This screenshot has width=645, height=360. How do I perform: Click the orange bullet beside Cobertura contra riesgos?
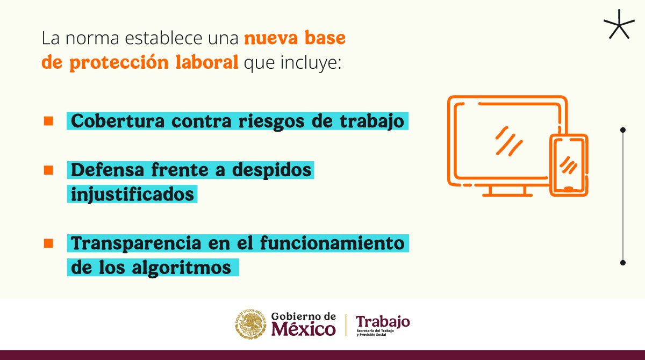(48, 120)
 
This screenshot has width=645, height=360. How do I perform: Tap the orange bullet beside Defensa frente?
(48, 170)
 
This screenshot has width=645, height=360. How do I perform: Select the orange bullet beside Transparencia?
(48, 243)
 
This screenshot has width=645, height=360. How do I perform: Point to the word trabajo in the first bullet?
(370, 121)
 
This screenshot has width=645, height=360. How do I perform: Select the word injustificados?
(132, 193)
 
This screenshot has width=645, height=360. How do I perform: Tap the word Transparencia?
(136, 243)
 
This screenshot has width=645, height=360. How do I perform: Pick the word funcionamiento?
(332, 243)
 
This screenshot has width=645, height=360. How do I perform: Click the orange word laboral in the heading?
(206, 62)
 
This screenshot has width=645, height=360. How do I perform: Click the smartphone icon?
(568, 164)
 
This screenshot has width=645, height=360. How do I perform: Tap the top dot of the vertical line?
(623, 129)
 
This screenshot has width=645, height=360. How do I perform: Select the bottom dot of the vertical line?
(623, 263)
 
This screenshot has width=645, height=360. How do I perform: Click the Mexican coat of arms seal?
(250, 325)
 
